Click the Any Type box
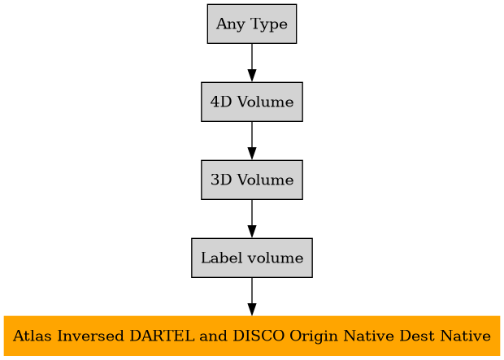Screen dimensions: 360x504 click(252, 24)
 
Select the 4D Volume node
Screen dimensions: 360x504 click(252, 102)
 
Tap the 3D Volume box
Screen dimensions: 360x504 click(252, 180)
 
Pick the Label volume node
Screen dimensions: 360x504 click(252, 258)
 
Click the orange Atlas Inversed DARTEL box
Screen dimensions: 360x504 click(252, 336)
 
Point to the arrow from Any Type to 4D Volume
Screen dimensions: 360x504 click(252, 63)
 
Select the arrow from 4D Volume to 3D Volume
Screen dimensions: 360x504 click(252, 141)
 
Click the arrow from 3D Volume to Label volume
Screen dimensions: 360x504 click(252, 219)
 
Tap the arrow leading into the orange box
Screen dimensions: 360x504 click(252, 297)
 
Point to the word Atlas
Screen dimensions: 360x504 click(29, 336)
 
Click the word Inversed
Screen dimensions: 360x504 click(80, 336)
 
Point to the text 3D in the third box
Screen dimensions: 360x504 click(219, 180)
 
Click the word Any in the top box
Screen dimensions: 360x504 click(228, 24)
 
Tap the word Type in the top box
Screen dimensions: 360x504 click(268, 24)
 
